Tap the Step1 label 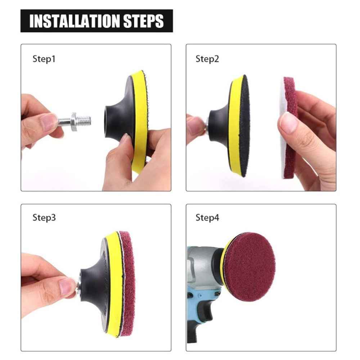(44, 59)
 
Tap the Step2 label (207, 59)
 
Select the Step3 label (44, 218)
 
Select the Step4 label (207, 218)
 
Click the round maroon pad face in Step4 (250, 266)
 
